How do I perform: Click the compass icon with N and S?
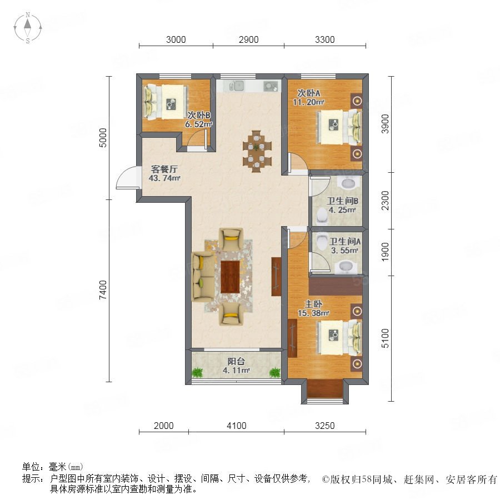[x=28, y=27]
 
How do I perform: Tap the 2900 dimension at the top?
[x=249, y=39]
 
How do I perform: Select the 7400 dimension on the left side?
[x=103, y=290]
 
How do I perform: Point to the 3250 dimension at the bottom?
[x=324, y=426]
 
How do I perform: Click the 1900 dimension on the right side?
[x=385, y=252]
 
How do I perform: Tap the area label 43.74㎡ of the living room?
[x=164, y=178]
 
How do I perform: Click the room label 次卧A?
[x=309, y=93]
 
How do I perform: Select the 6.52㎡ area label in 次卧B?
[x=199, y=124]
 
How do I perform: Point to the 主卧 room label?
[x=313, y=304]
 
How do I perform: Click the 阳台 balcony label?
[x=236, y=361]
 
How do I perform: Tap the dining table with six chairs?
[x=257, y=151]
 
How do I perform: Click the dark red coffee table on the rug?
[x=230, y=277]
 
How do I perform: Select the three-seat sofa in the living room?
[x=203, y=277]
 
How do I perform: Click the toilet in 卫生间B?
[x=322, y=216]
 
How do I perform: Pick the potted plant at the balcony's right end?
[x=274, y=372]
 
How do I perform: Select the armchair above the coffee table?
[x=231, y=239]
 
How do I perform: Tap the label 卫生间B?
[x=342, y=201]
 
